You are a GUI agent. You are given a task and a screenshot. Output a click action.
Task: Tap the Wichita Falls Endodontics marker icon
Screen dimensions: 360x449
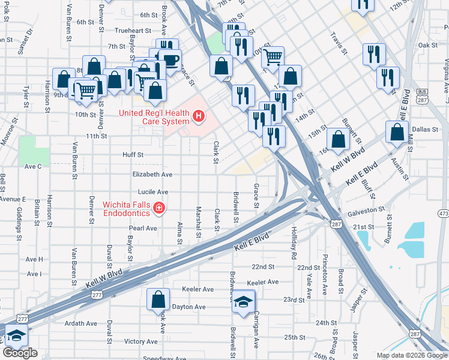point(159,208)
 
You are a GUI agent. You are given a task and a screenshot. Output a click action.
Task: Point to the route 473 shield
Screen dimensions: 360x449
point(443,214)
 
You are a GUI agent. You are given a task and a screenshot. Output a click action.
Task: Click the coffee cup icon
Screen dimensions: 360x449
point(170,60)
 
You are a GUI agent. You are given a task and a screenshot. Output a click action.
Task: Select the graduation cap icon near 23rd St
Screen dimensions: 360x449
point(244,301)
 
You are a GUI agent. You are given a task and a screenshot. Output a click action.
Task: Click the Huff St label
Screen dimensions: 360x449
point(133,154)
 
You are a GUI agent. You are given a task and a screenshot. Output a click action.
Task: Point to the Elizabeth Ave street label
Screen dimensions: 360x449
point(152,174)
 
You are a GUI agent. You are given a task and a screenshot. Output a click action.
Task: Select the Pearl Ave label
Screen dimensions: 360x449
point(143,229)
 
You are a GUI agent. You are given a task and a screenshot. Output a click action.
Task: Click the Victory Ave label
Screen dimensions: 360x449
point(140,341)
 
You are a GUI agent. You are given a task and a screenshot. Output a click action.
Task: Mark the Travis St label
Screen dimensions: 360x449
point(339,44)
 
